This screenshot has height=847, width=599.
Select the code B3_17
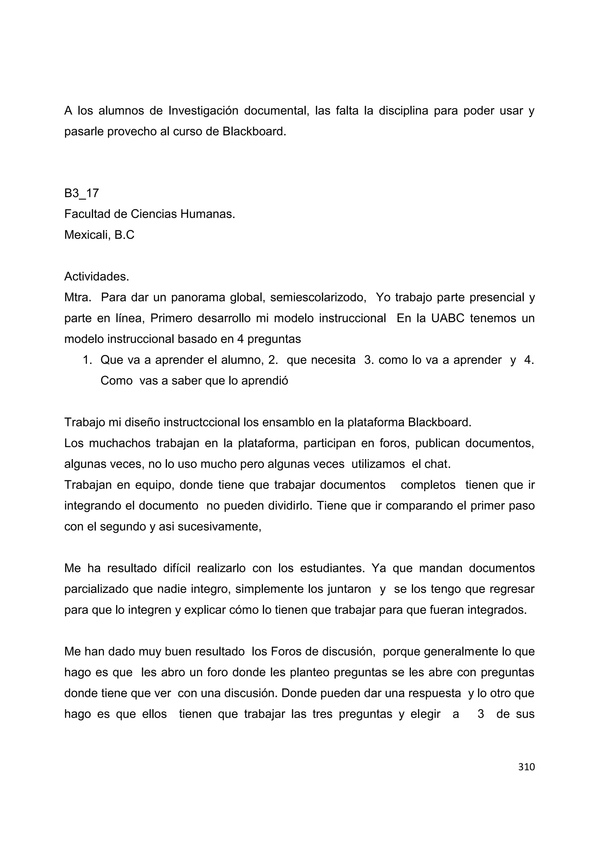click(82, 193)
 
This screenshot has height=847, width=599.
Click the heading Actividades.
click(97, 277)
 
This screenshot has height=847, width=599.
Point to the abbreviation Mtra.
click(78, 297)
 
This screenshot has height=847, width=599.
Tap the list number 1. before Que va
click(87, 360)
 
